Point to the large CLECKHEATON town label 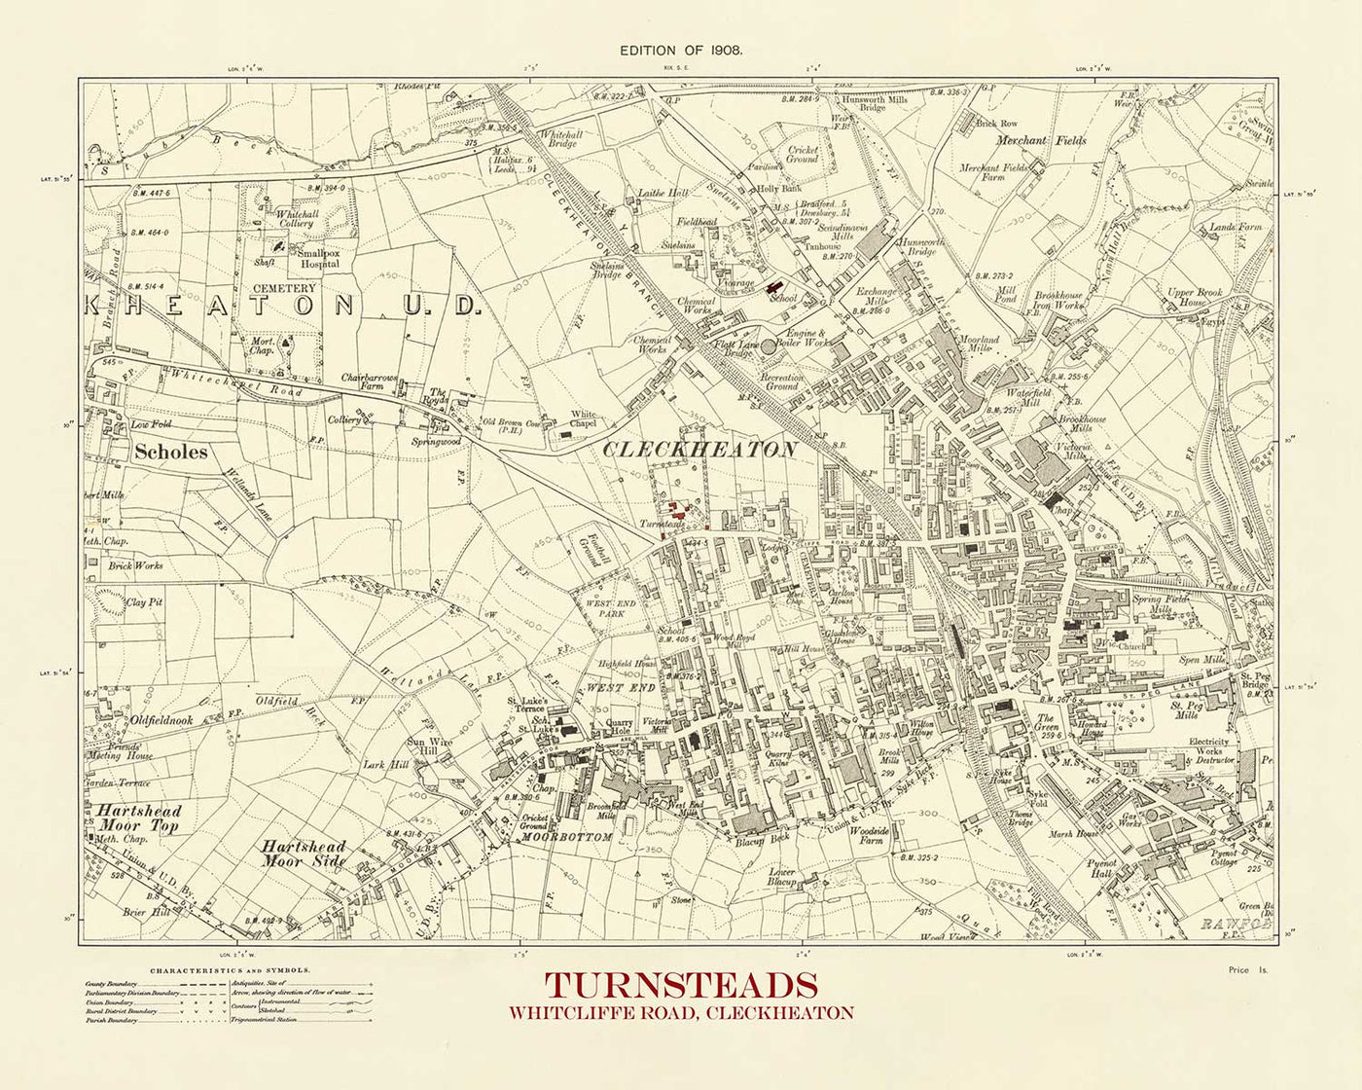coord(699,450)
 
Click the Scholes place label coord(170,452)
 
